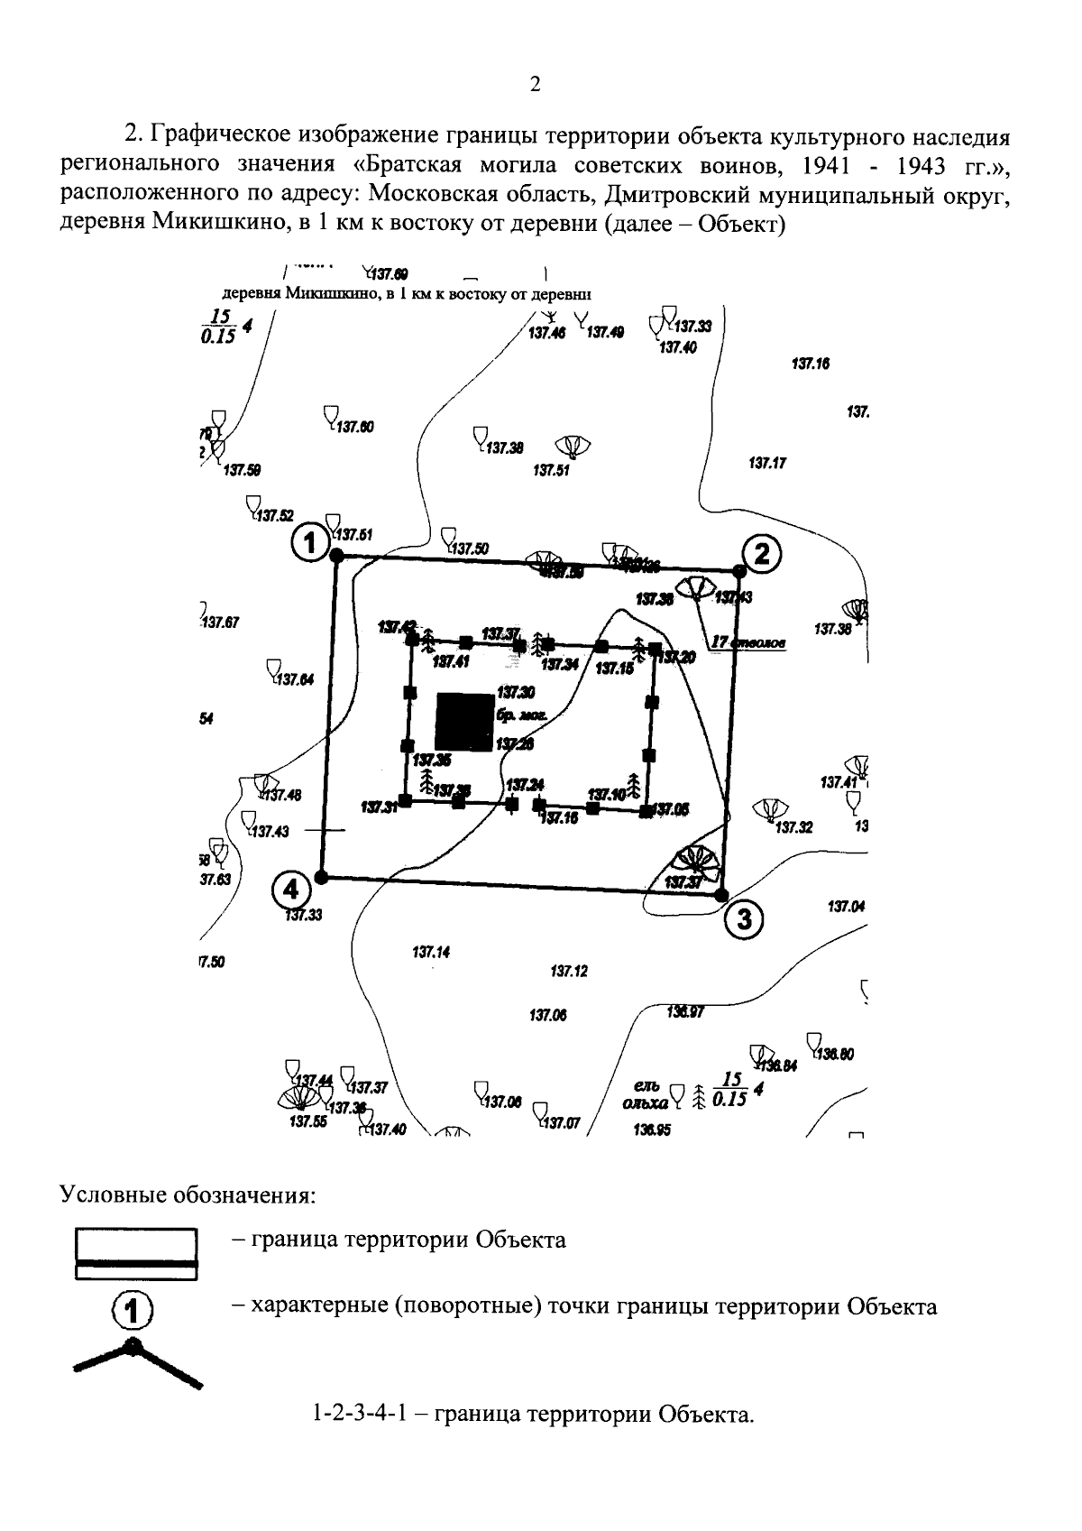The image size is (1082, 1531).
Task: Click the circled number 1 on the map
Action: click(x=310, y=543)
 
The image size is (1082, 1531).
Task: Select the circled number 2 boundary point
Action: click(x=762, y=553)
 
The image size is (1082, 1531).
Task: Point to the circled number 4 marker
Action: click(x=289, y=890)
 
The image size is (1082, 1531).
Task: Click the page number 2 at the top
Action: click(x=535, y=85)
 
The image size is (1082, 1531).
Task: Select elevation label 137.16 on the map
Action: click(x=810, y=364)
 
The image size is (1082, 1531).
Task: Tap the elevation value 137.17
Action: click(x=767, y=464)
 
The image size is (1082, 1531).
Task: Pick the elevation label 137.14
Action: click(x=431, y=952)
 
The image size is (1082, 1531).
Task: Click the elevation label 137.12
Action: click(x=568, y=972)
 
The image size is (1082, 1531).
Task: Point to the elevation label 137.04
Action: click(x=846, y=906)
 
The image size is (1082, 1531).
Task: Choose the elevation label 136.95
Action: click(x=652, y=1130)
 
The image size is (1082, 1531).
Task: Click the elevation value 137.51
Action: click(x=551, y=470)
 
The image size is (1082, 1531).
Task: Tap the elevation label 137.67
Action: click(x=220, y=623)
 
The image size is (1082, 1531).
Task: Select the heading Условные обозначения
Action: click(x=188, y=1196)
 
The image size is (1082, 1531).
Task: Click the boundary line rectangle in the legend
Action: click(x=135, y=1253)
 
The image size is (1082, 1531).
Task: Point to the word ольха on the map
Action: click(x=645, y=1102)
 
